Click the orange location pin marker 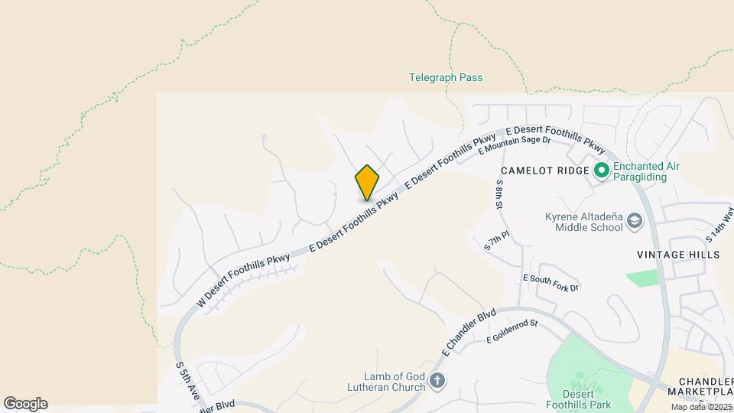(367, 182)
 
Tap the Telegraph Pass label (446, 77)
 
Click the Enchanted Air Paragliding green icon (601, 170)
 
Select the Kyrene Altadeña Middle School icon (634, 222)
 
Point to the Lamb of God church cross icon (437, 380)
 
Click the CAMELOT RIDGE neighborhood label (544, 169)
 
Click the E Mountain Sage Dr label (515, 144)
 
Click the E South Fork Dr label (551, 282)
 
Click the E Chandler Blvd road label (469, 332)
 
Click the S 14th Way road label (719, 223)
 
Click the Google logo (25, 404)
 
